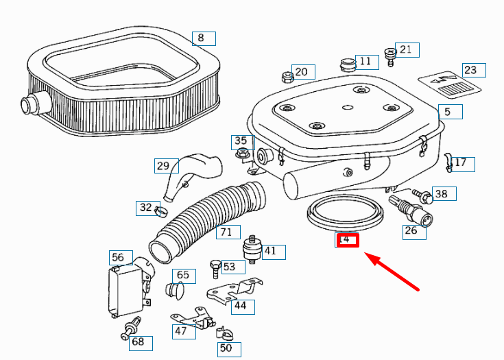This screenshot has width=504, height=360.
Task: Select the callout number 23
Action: pyautogui.click(x=473, y=70)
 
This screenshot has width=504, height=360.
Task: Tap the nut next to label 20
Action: pyautogui.click(x=285, y=76)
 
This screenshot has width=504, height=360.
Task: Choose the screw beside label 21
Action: pyautogui.click(x=391, y=56)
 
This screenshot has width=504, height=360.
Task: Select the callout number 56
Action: pyautogui.click(x=118, y=257)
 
